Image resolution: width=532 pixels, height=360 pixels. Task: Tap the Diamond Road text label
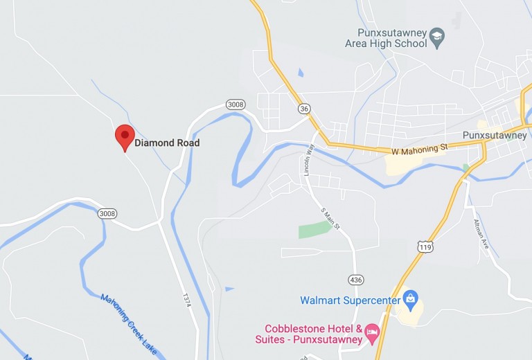click(x=167, y=143)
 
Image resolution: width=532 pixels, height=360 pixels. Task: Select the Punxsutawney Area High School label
click(x=387, y=38)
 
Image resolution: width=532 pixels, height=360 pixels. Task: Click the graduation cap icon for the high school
click(x=437, y=38)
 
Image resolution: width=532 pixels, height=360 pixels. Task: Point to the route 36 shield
click(x=304, y=109)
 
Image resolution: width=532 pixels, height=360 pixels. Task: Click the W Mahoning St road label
click(x=420, y=147)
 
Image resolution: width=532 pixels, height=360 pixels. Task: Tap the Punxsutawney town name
click(x=495, y=136)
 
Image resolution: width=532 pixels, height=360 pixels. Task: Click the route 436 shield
click(x=355, y=278)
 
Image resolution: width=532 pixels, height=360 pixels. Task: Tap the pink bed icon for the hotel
click(x=372, y=333)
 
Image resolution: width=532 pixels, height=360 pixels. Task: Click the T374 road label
click(x=186, y=300)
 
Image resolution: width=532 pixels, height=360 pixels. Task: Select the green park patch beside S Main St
click(x=315, y=230)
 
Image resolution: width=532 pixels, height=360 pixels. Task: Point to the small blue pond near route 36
click(x=300, y=72)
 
